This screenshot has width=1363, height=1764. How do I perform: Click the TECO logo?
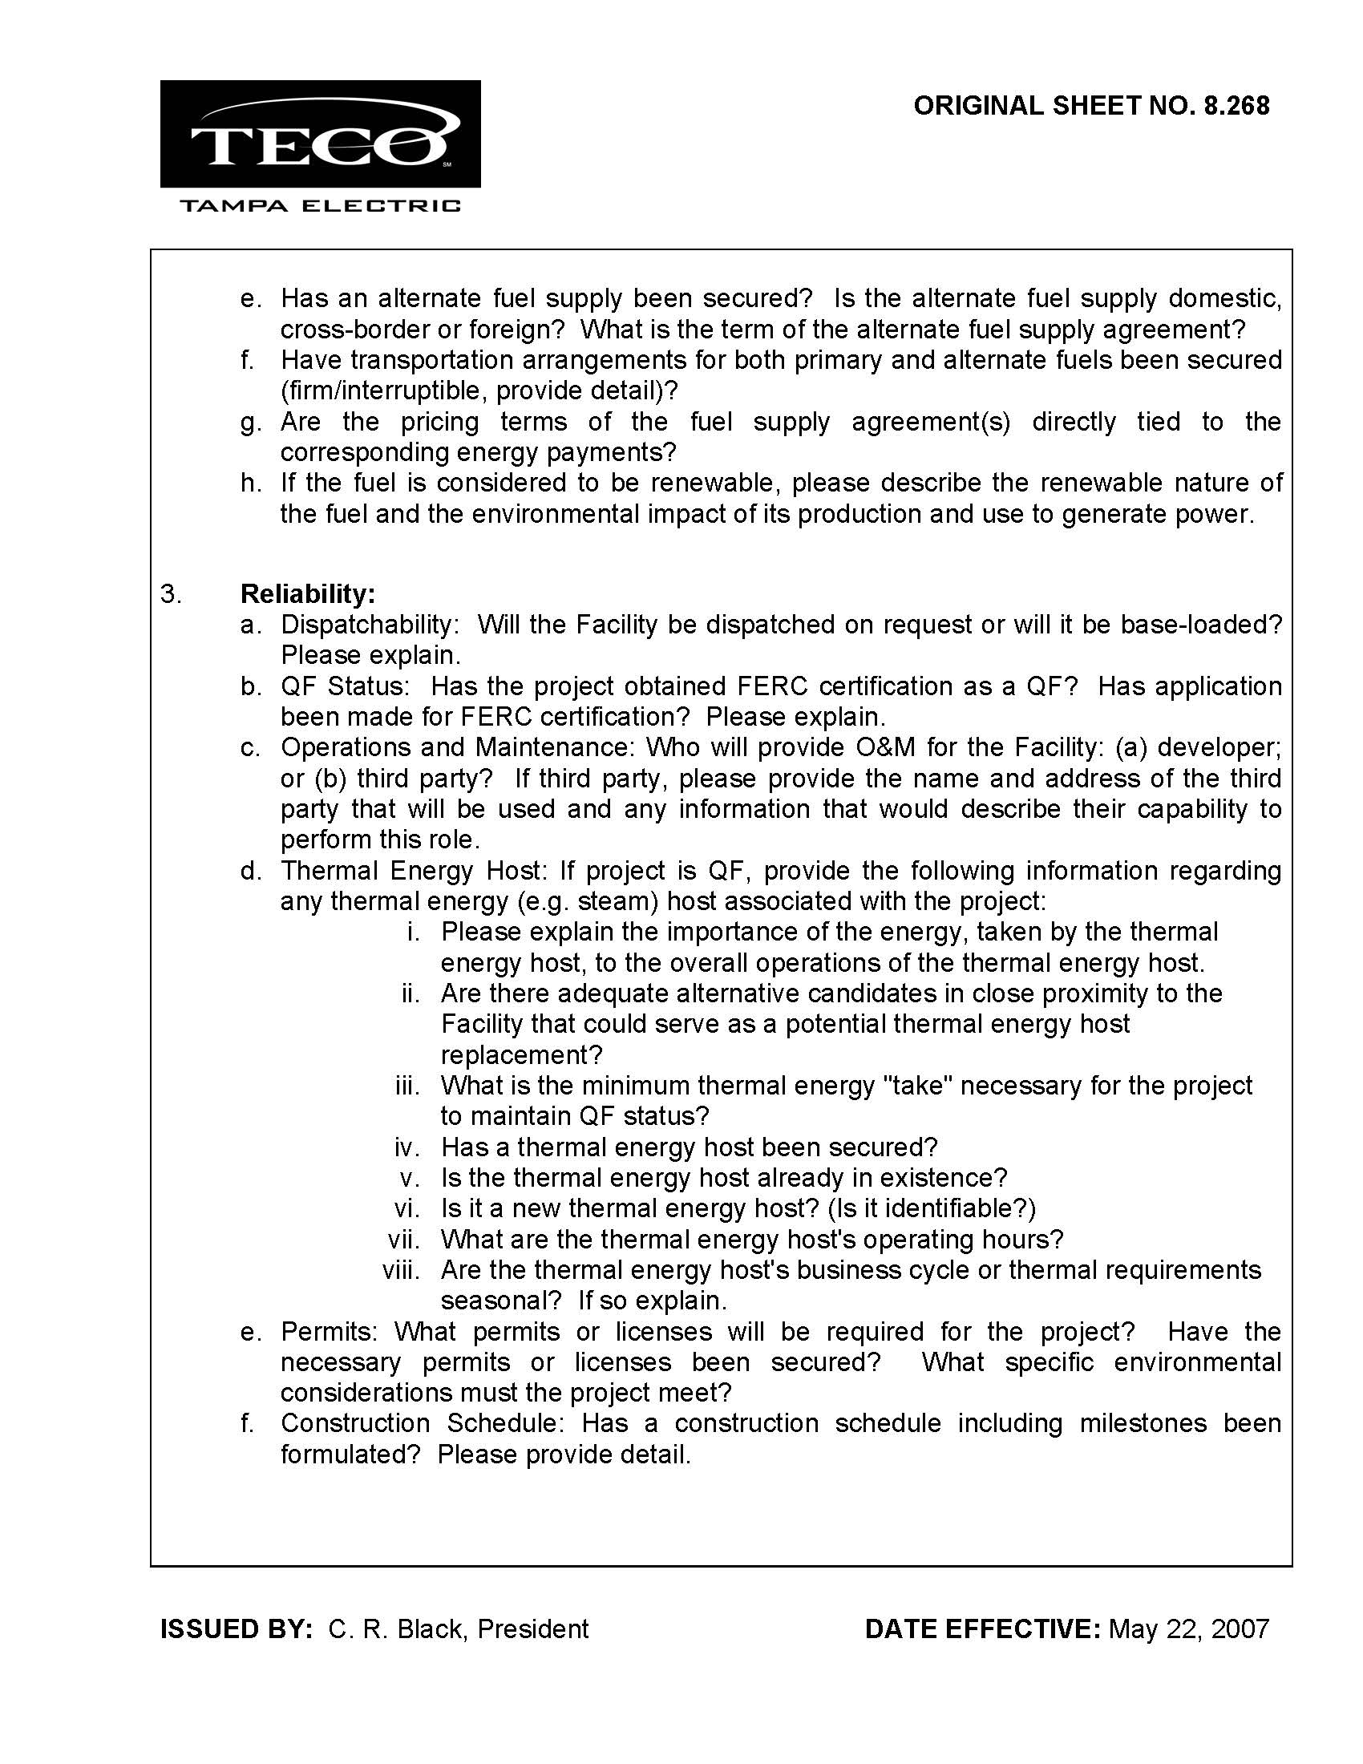click(320, 134)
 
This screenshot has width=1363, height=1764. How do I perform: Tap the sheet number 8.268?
click(1236, 106)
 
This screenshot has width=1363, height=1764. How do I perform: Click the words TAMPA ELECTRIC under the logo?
click(320, 206)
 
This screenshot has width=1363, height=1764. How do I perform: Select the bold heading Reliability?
click(308, 594)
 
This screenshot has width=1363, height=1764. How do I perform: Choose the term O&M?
click(885, 748)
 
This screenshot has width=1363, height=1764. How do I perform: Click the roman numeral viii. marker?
click(402, 1270)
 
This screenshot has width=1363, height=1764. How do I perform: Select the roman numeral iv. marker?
click(408, 1147)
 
